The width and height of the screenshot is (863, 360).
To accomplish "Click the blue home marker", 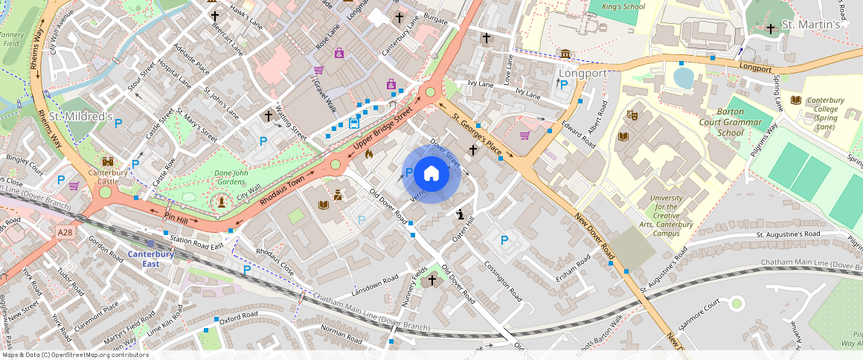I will click(x=431, y=174).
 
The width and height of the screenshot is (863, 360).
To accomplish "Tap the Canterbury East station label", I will click(x=150, y=259).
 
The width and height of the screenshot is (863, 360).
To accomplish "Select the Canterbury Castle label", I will click(x=108, y=177).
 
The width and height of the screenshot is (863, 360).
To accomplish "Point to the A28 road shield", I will click(x=65, y=233).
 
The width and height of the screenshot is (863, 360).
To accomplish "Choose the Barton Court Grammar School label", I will click(x=730, y=127).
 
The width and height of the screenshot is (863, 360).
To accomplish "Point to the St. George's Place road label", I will click(x=476, y=131).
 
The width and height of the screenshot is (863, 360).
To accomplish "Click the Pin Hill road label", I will click(x=176, y=217).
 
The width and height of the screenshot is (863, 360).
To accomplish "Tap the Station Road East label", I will click(x=196, y=242).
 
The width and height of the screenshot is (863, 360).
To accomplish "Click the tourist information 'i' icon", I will click(x=461, y=215).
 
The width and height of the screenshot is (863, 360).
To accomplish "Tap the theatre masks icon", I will click(x=632, y=115).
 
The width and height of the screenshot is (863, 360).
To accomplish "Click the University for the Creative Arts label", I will click(x=670, y=216).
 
